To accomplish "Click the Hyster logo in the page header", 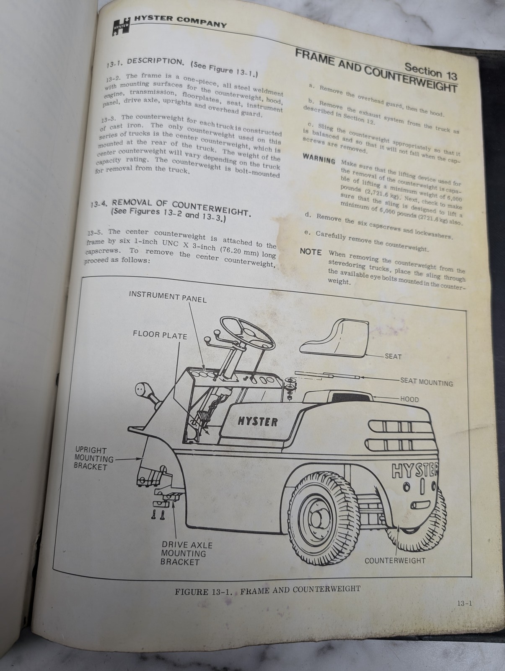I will tap(121, 26).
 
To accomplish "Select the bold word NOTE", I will tap(311, 252).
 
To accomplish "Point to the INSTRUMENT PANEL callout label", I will tap(167, 297).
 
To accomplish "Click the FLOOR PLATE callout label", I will tap(160, 335).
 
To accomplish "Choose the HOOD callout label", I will tap(409, 399).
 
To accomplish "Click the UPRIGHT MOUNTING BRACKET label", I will tap(91, 458).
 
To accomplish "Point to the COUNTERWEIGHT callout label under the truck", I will tap(394, 560).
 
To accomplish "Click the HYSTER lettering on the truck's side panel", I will tap(257, 421).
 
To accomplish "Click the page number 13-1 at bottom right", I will tap(465, 603).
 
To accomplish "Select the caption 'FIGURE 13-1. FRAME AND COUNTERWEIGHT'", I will tap(267, 590).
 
